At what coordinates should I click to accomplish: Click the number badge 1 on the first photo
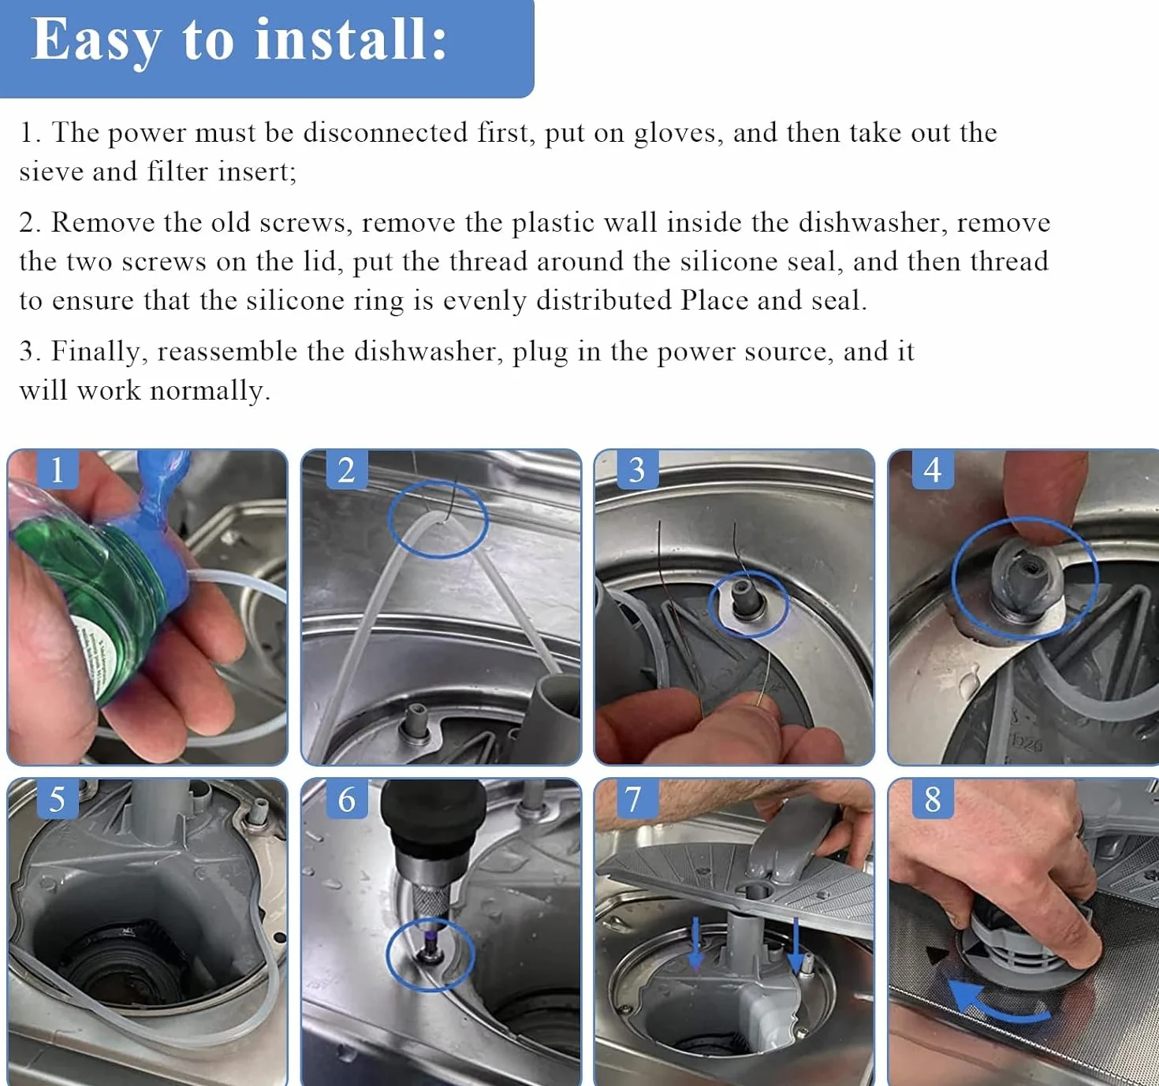click(58, 469)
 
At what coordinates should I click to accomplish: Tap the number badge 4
click(933, 469)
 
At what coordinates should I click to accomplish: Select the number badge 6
click(347, 799)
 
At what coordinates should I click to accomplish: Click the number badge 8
click(933, 799)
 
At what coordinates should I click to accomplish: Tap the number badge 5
click(58, 799)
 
